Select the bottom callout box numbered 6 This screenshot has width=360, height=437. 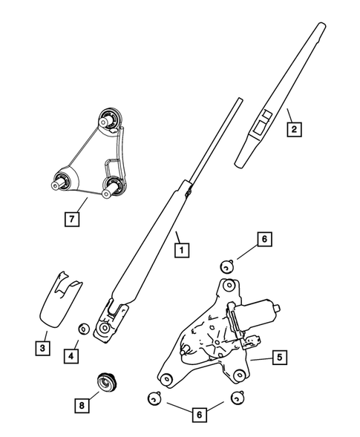tap(200, 414)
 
